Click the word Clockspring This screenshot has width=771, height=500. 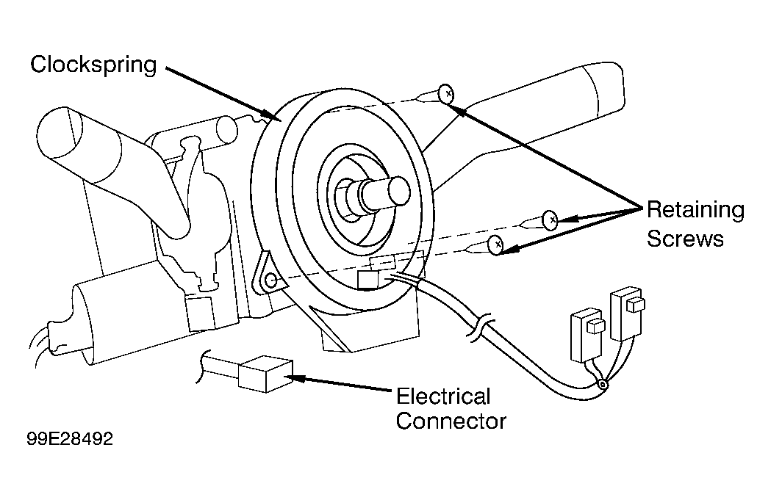pos(93,65)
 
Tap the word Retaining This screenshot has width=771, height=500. pos(695,211)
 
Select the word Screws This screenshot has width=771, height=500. pos(685,239)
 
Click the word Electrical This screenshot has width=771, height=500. pos(443,396)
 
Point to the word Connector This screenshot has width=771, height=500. pos(451,421)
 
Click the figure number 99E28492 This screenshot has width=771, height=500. pos(70,438)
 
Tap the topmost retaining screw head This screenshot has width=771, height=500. pos(446,93)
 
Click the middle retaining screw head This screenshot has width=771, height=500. pos(550,220)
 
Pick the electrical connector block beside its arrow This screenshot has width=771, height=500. pos(265,374)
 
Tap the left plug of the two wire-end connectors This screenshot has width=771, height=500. pos(587,334)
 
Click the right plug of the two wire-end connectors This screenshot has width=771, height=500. pos(627,314)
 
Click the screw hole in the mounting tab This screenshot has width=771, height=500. pos(270,281)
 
